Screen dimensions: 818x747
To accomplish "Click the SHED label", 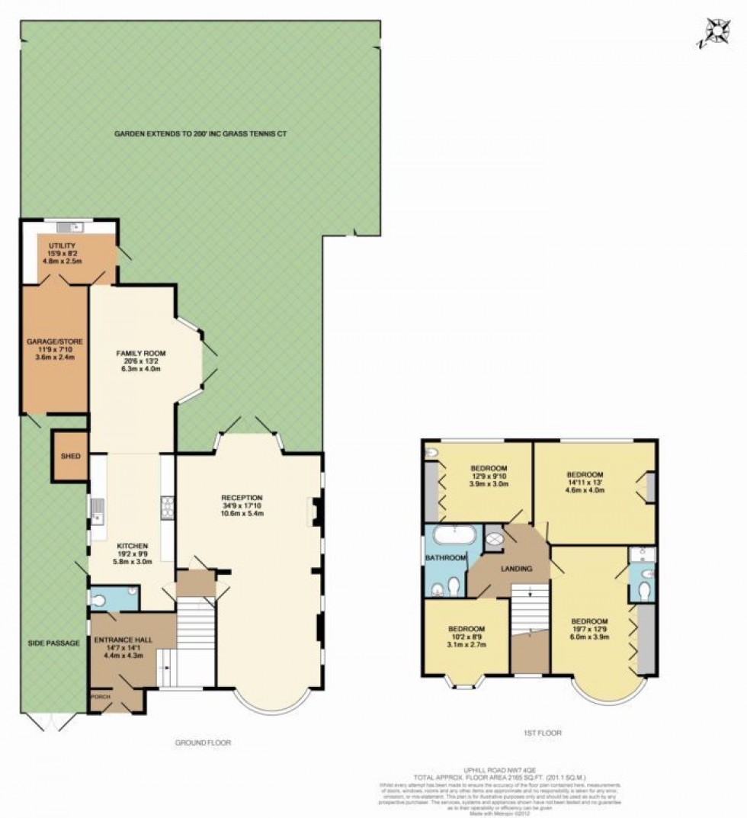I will point(70,456).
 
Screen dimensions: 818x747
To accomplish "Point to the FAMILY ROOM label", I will point(140,353).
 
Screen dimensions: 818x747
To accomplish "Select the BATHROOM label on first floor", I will point(445,558).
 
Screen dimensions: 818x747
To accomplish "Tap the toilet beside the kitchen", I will point(99,600).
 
